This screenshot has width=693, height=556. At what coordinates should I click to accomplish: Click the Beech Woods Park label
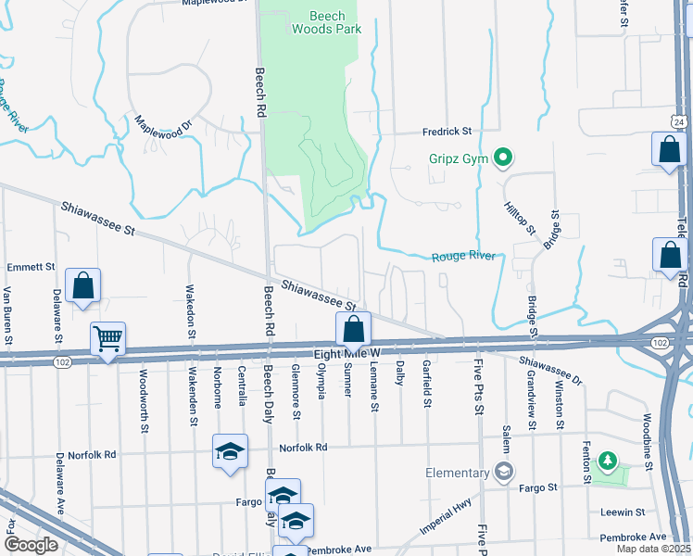pos(326,22)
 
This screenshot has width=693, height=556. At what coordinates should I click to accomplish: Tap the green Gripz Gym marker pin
pos(503,158)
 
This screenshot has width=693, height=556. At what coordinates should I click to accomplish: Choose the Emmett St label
pos(31,267)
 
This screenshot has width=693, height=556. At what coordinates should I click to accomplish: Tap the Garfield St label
pos(427,384)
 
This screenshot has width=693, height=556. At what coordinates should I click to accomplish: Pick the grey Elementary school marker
pos(504,473)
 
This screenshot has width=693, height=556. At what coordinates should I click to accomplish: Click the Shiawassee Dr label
pos(549,372)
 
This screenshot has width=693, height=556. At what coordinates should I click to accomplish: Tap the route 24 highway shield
pos(679,121)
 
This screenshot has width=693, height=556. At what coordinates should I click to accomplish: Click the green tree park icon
pos(608,461)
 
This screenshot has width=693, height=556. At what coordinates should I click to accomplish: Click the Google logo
pos(31,545)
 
